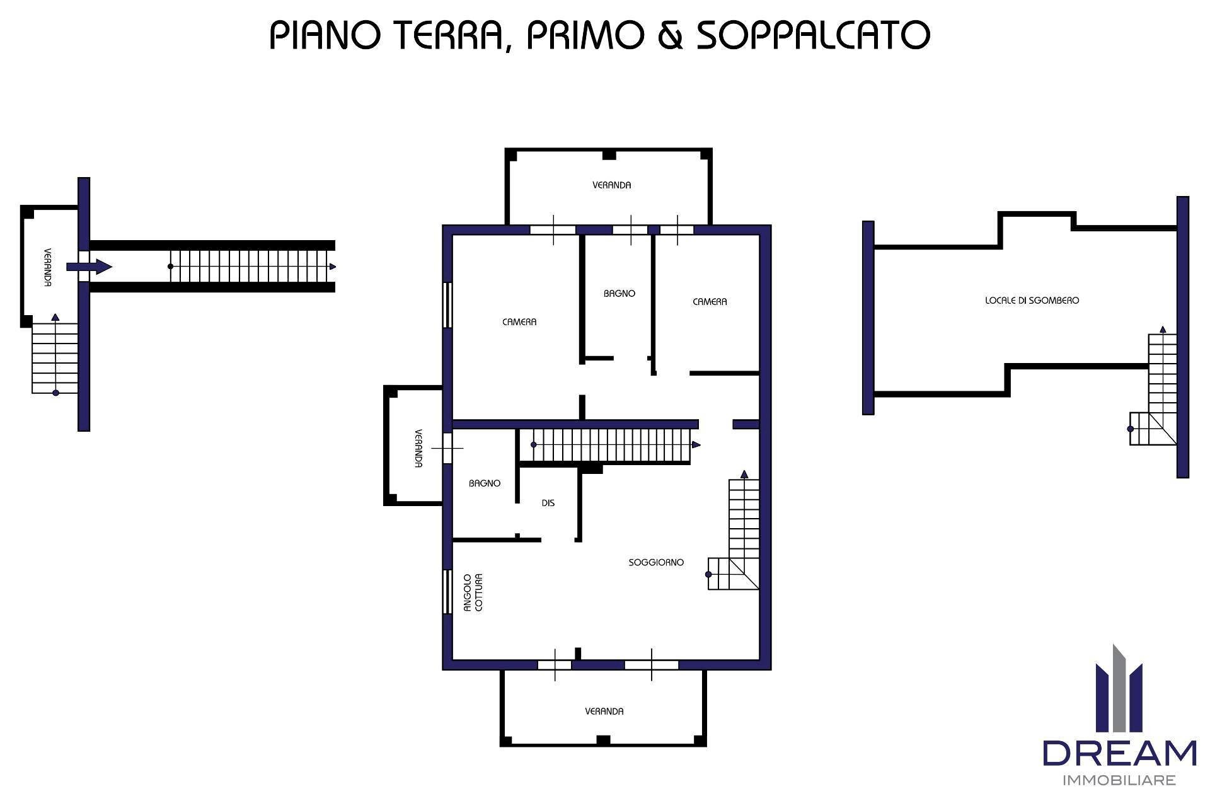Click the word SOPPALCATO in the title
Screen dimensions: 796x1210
pyautogui.click(x=813, y=35)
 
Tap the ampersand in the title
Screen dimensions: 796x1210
pyautogui.click(x=670, y=35)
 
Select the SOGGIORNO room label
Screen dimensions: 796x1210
pyautogui.click(x=656, y=562)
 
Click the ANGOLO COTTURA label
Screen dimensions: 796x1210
pyautogui.click(x=473, y=592)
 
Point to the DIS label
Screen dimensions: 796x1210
pyautogui.click(x=548, y=503)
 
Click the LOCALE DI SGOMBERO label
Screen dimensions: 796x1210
pyautogui.click(x=1032, y=301)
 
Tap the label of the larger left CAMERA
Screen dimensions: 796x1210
pyautogui.click(x=519, y=322)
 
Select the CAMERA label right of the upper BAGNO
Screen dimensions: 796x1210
pyautogui.click(x=710, y=302)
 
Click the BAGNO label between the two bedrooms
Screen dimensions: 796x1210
pyautogui.click(x=619, y=293)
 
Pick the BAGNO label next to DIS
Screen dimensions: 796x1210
pyautogui.click(x=485, y=483)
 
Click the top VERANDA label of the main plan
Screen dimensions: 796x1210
pyautogui.click(x=611, y=185)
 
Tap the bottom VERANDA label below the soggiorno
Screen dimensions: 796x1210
pyautogui.click(x=604, y=711)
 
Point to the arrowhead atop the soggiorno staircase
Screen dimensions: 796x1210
pyautogui.click(x=744, y=474)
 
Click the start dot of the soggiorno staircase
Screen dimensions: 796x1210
pyautogui.click(x=708, y=574)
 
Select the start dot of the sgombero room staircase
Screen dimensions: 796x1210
pyautogui.click(x=1131, y=429)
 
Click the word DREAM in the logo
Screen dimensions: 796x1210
pyautogui.click(x=1119, y=753)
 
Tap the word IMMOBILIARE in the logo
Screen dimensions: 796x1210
pyautogui.click(x=1119, y=781)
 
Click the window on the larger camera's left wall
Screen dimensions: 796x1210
pyautogui.click(x=447, y=304)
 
